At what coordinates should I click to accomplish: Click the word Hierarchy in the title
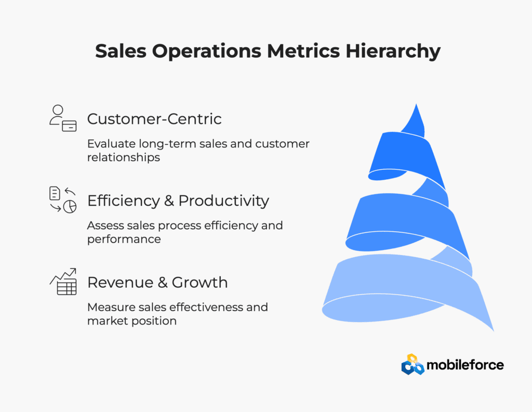pyautogui.click(x=393, y=51)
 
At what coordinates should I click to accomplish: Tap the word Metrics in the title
pyautogui.click(x=303, y=51)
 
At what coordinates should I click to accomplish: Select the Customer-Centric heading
pyautogui.click(x=154, y=119)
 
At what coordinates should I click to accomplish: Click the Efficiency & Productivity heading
pyautogui.click(x=178, y=201)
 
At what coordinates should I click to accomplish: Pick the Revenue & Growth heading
pyautogui.click(x=157, y=282)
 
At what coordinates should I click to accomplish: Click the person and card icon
pyautogui.click(x=63, y=118)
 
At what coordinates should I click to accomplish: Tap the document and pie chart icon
pyautogui.click(x=63, y=200)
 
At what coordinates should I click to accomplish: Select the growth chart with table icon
pyautogui.click(x=63, y=282)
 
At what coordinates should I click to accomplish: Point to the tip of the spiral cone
pyautogui.click(x=416, y=104)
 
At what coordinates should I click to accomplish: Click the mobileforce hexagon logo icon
pyautogui.click(x=413, y=365)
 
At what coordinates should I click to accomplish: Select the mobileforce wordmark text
pyautogui.click(x=465, y=365)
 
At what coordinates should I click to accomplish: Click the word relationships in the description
pyautogui.click(x=124, y=157)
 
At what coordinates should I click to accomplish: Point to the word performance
pyautogui.click(x=124, y=240)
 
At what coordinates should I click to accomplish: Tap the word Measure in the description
pyautogui.click(x=109, y=307)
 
